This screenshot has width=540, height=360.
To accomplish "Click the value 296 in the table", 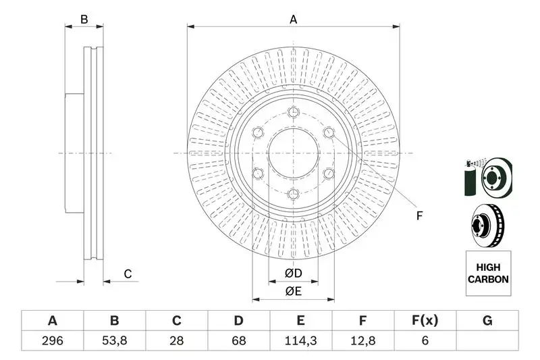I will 52,340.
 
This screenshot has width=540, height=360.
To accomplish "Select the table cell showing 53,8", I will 114,340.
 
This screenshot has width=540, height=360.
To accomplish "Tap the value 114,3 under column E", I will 300,340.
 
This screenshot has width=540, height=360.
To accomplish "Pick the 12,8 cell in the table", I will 362,340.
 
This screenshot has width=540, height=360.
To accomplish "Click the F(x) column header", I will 425,321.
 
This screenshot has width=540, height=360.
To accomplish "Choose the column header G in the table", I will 487,321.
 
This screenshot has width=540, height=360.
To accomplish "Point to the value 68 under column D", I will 238,340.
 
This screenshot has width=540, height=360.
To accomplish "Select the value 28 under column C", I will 176,340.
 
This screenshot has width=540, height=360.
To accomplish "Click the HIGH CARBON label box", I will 487,274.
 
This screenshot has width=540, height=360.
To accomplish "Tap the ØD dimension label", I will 292,274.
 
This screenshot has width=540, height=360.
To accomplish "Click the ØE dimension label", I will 292,292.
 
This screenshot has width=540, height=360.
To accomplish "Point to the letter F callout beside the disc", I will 419,216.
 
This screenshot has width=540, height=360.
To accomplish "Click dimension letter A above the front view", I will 294,20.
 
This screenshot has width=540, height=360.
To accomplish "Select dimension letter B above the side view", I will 84,20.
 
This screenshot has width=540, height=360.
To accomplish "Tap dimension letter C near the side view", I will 127,274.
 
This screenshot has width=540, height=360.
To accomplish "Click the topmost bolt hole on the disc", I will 293,112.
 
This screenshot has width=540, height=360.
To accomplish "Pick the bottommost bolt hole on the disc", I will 293,195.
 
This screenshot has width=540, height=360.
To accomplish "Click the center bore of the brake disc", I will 293,153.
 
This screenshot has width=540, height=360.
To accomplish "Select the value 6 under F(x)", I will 425,340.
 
